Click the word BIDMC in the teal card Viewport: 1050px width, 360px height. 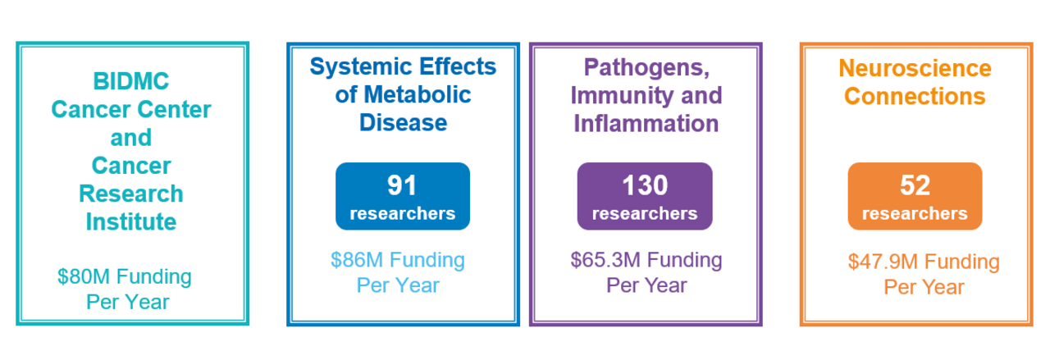pyautogui.click(x=131, y=82)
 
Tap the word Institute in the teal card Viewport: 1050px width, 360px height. pyautogui.click(x=131, y=221)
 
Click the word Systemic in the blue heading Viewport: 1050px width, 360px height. pyautogui.click(x=358, y=66)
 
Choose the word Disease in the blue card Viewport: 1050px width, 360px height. pyautogui.click(x=403, y=123)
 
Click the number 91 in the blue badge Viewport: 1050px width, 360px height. pyautogui.click(x=402, y=186)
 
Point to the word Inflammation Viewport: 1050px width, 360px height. pyautogui.click(x=646, y=123)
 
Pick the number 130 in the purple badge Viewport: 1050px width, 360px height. pyautogui.click(x=645, y=186)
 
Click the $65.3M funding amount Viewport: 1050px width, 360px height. pyautogui.click(x=605, y=260)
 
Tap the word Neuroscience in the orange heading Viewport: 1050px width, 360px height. pyautogui.click(x=915, y=67)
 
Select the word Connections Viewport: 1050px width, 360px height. pyautogui.click(x=915, y=96)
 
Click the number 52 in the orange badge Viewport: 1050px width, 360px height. pyautogui.click(x=915, y=186)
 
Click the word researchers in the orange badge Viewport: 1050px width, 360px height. pyautogui.click(x=915, y=214)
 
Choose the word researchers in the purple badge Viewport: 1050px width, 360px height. pyautogui.click(x=645, y=214)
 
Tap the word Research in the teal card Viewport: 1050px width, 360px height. pyautogui.click(x=131, y=194)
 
